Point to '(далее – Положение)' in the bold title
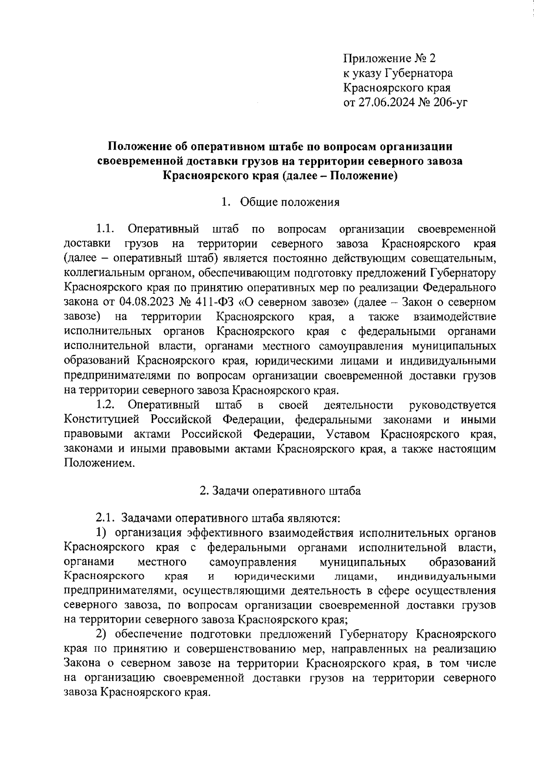pyautogui.click(x=339, y=176)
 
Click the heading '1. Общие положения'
pyautogui.click(x=280, y=203)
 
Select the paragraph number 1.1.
pyautogui.click(x=105, y=229)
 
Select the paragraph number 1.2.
pyautogui.click(x=105, y=405)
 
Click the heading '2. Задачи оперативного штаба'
pyautogui.click(x=280, y=491)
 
